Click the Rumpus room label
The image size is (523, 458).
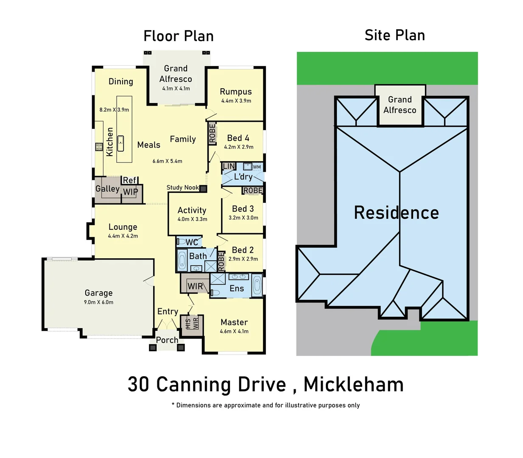pos(235,92)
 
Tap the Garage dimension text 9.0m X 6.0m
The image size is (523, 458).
pos(98,302)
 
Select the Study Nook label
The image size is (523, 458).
pos(182,187)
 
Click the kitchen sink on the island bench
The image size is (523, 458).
pos(120,144)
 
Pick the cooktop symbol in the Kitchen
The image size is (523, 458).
pos(99,147)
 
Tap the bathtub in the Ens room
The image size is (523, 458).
pos(257,285)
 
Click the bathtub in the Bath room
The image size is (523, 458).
pos(182,260)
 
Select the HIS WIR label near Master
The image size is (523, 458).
pos(192,324)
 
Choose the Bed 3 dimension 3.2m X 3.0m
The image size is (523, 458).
pos(243,218)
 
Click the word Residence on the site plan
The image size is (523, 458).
pos(396,212)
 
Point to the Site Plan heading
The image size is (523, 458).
pos(394,35)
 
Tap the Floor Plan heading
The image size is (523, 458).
pos(178,36)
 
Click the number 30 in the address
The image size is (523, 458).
pos(138,385)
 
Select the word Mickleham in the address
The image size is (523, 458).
pos(353,385)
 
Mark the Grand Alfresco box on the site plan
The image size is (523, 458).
pos(400,105)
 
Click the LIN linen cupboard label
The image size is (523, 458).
pos(229,166)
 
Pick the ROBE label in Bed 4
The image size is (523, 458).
pos(212,133)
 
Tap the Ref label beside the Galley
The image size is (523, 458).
pos(129,180)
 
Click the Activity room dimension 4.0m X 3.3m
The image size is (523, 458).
pos(192,219)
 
